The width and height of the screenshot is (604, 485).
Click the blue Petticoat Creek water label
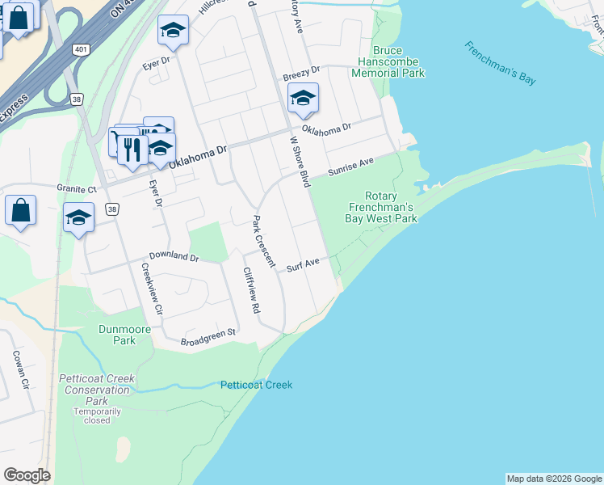point(256,385)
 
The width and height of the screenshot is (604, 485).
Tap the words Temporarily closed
point(97,415)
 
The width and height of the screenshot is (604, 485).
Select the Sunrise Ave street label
point(350,168)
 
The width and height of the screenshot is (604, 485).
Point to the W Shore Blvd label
point(300,161)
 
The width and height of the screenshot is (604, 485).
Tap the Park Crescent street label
point(264,241)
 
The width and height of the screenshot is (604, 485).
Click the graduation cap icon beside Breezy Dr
point(303,99)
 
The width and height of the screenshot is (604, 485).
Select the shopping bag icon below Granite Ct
point(20,210)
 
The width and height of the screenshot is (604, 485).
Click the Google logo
point(27,475)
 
